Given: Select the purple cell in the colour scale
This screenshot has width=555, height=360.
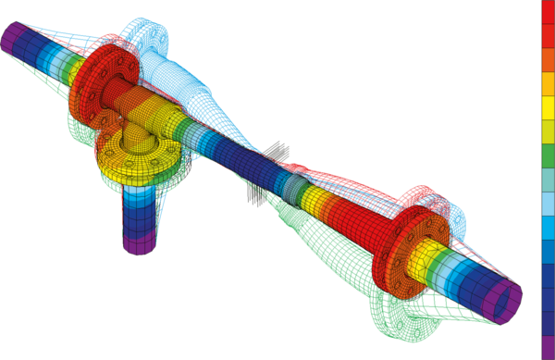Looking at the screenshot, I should pyautogui.click(x=547, y=348).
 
